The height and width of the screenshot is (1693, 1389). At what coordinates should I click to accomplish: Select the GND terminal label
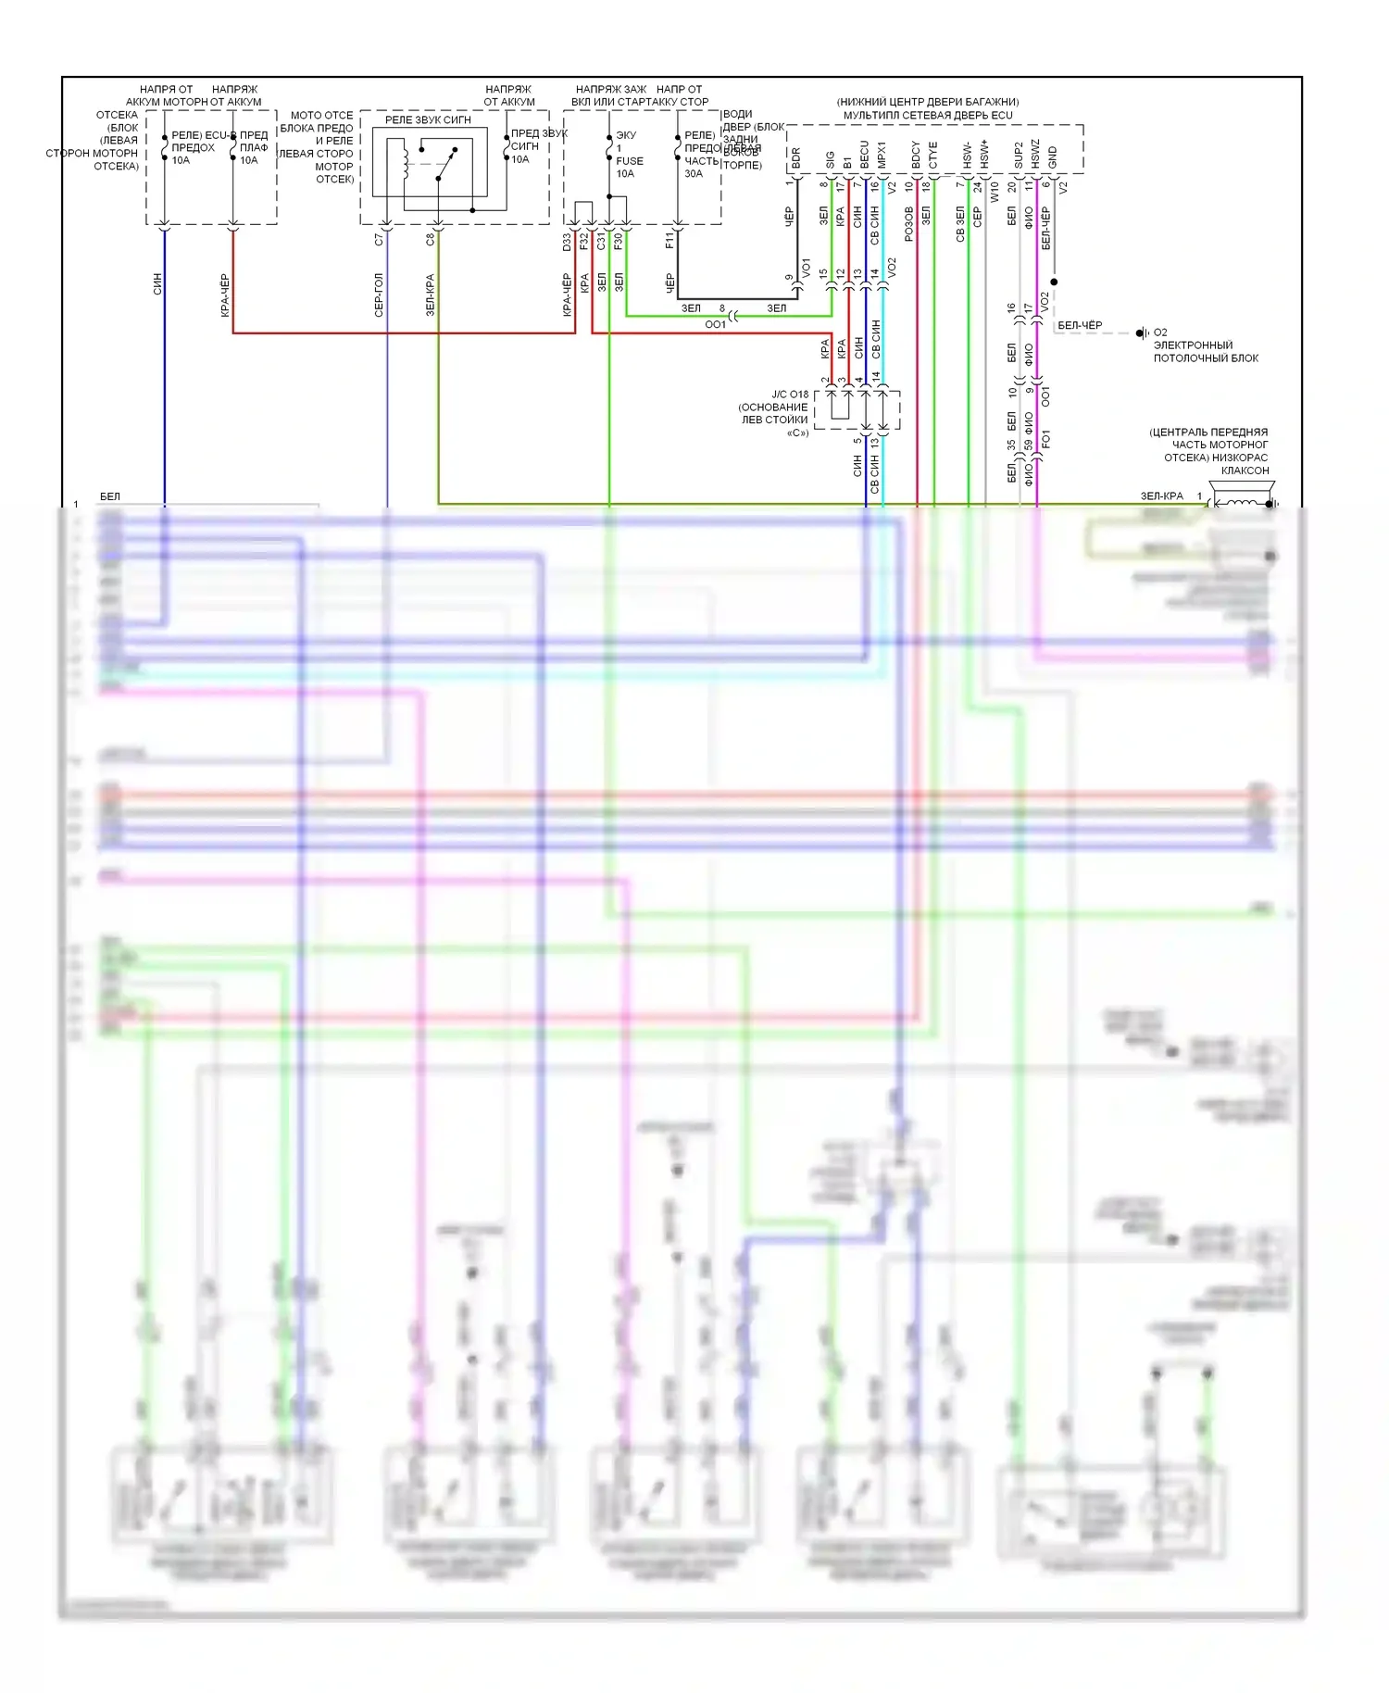pyautogui.click(x=1053, y=158)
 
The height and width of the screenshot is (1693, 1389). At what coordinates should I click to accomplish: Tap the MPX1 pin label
pyautogui.click(x=882, y=156)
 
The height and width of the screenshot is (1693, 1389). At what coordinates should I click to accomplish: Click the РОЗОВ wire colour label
pyautogui.click(x=909, y=224)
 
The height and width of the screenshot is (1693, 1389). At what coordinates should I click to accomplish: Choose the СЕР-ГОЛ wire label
pyautogui.click(x=379, y=295)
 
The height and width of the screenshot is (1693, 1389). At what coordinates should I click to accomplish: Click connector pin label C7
pyautogui.click(x=379, y=239)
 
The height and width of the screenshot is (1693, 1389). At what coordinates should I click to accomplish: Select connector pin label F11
pyautogui.click(x=669, y=241)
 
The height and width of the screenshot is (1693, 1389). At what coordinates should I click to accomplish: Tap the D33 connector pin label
pyautogui.click(x=567, y=242)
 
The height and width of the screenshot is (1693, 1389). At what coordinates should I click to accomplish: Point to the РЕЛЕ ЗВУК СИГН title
pyautogui.click(x=428, y=120)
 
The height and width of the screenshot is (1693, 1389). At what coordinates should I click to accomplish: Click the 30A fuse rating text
pyautogui.click(x=694, y=173)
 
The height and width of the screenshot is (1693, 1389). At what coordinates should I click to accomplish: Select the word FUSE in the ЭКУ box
pyautogui.click(x=630, y=161)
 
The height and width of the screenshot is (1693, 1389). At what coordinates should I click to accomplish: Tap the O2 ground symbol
pyautogui.click(x=1144, y=332)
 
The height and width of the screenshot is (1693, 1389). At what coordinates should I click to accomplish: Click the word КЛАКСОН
pyautogui.click(x=1245, y=470)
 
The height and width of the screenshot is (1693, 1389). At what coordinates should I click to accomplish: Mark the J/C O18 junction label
pyautogui.click(x=790, y=395)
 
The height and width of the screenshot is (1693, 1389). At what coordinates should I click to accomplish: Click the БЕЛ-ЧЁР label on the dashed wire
pyautogui.click(x=1080, y=325)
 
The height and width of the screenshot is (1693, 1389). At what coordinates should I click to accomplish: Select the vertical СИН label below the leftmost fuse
pyautogui.click(x=157, y=283)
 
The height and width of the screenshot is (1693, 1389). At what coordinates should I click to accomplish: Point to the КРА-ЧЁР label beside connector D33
pyautogui.click(x=567, y=295)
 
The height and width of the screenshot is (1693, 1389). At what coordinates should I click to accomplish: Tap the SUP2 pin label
pyautogui.click(x=1019, y=156)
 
